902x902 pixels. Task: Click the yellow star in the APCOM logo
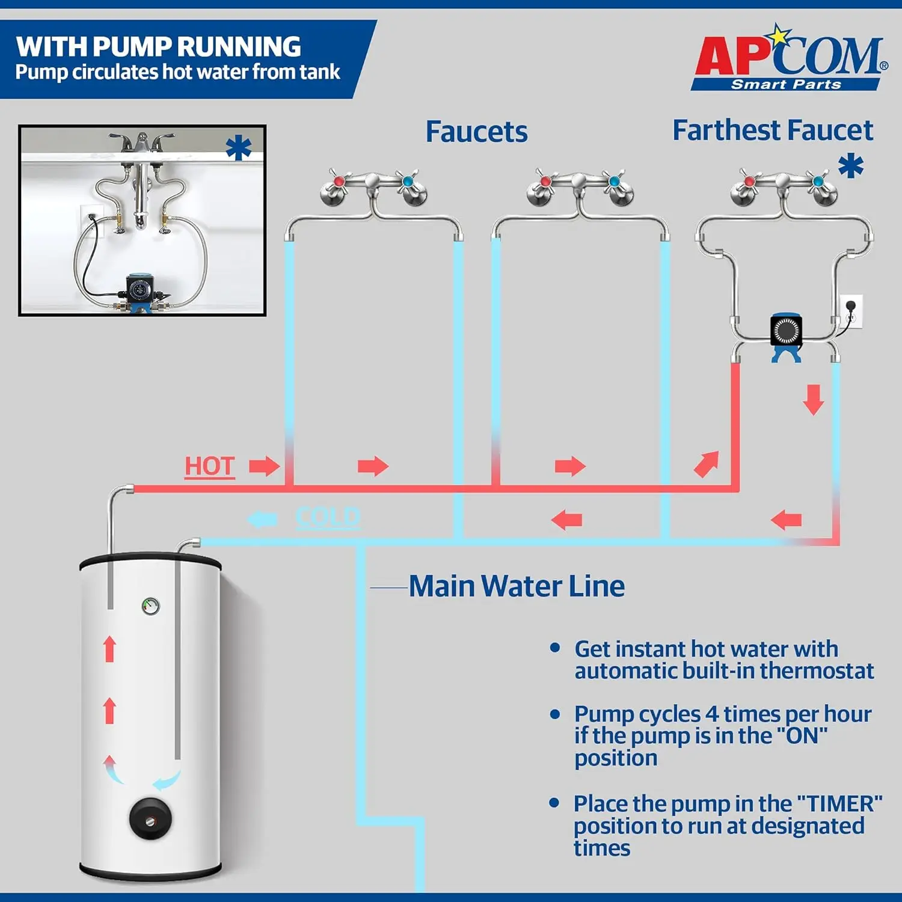[x=779, y=36]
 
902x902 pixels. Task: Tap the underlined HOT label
[x=209, y=466]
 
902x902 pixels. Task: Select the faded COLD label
[x=328, y=517]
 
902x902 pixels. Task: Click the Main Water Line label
[x=516, y=586]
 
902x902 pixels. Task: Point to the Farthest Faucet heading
[x=772, y=130]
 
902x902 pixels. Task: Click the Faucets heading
[x=476, y=132]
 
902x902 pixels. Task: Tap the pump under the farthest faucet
[x=786, y=334]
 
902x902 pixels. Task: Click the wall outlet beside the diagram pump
[x=851, y=311]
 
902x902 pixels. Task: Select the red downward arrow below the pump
[x=813, y=400]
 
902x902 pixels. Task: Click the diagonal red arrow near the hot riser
[x=706, y=464]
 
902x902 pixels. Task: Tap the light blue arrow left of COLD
[x=263, y=519]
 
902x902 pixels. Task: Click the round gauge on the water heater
[x=150, y=606]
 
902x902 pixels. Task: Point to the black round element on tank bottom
[x=150, y=818]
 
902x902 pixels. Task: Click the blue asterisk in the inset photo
[x=239, y=148]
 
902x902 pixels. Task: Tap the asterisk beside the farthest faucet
[x=851, y=166]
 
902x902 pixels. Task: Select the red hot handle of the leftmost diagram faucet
[x=339, y=181]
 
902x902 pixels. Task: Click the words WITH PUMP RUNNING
[x=159, y=47]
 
